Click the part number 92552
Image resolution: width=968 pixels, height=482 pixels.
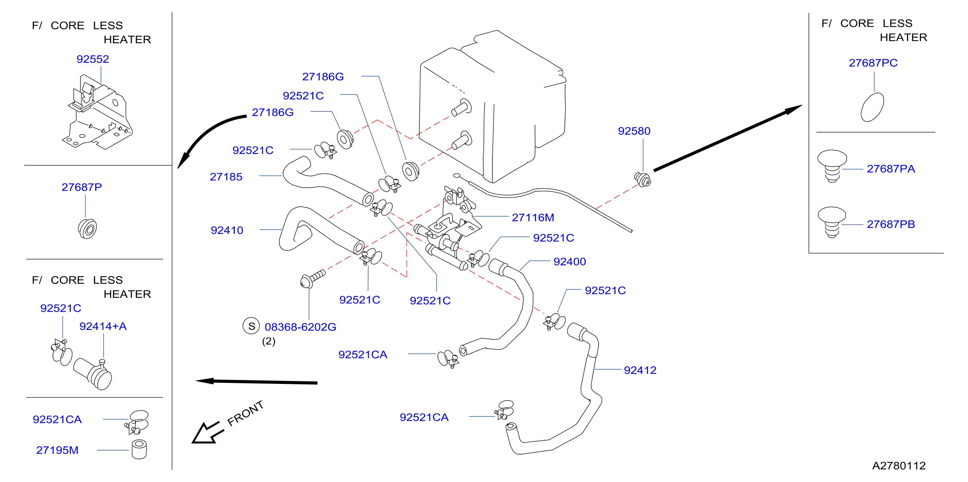(93, 59)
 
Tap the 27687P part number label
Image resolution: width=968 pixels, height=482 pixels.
(81, 187)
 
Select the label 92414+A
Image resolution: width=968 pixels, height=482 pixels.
(103, 326)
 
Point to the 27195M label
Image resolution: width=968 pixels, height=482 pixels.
(57, 450)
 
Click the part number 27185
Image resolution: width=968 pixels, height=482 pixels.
(226, 177)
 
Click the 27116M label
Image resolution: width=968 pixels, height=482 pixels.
(533, 217)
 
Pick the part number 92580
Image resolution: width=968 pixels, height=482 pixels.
(634, 131)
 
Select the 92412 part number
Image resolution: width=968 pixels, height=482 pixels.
(640, 370)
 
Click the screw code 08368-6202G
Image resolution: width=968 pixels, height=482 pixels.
(300, 327)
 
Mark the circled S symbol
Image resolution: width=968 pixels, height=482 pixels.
(251, 326)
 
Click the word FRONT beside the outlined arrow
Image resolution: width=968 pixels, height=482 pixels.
(245, 413)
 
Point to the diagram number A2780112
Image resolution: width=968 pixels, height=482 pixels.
(899, 466)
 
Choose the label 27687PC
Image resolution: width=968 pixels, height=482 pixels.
(873, 63)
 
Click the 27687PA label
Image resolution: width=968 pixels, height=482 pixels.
(891, 169)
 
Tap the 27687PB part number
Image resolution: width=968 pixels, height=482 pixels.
(891, 224)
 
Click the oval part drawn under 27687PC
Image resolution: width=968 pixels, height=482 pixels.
(872, 107)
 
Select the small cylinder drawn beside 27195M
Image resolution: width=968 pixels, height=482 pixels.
(139, 449)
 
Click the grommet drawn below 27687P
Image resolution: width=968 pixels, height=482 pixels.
(87, 228)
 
